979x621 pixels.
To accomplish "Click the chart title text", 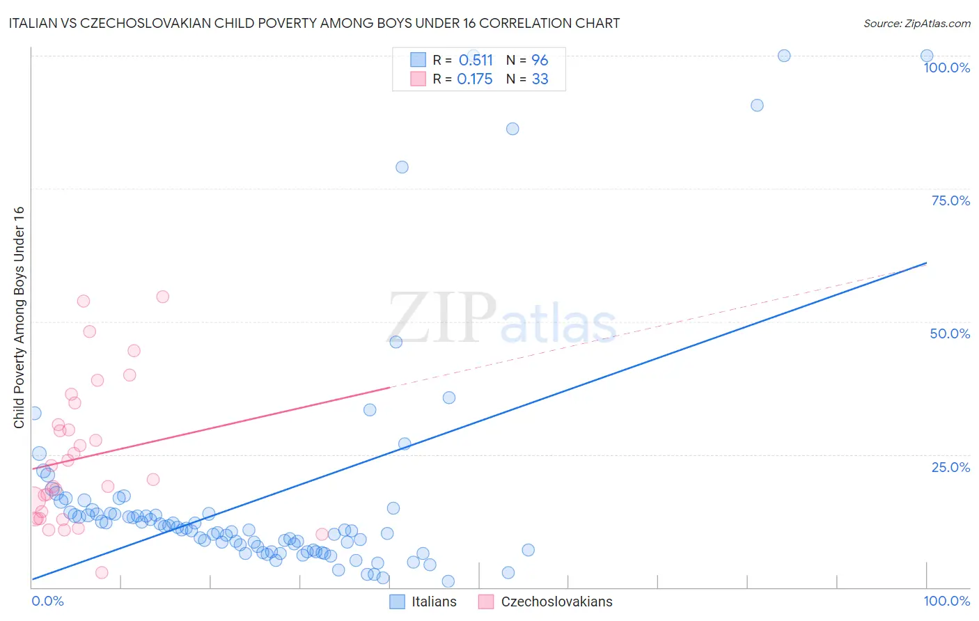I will [x=314, y=23].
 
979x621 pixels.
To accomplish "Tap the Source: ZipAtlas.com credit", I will [x=916, y=23].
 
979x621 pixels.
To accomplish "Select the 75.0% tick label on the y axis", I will [x=950, y=201].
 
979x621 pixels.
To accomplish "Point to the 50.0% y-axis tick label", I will [x=950, y=333].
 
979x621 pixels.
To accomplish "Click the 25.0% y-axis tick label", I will [x=950, y=467].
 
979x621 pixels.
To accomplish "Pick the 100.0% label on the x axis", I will [x=946, y=601].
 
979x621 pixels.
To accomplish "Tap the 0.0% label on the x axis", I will [x=48, y=601].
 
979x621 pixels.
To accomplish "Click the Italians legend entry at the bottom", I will [x=423, y=602].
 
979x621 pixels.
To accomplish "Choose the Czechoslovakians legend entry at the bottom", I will [x=546, y=602].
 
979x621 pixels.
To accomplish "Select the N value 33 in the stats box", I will [x=540, y=79].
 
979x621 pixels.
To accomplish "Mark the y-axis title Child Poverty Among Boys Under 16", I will [x=19, y=317].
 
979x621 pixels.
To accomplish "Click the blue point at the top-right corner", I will [x=927, y=56].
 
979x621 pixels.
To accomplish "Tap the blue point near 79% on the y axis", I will [x=402, y=167].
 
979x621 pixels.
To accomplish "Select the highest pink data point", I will [x=162, y=297].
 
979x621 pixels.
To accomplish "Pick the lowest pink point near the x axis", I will [x=102, y=572].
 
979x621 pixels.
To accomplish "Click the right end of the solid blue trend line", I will [x=927, y=263].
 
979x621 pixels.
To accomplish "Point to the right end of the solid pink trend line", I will [x=390, y=387].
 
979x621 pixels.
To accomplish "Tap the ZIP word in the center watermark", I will [x=441, y=319].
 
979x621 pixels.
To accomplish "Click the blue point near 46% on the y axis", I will [x=395, y=342].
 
